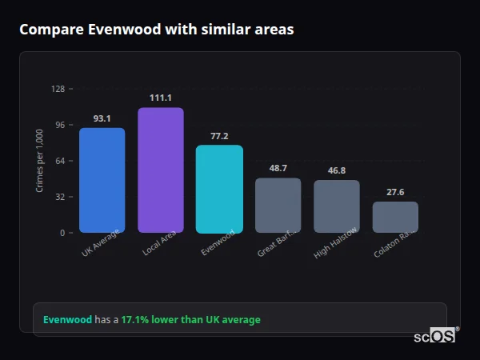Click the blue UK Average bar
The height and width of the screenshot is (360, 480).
[x=102, y=180]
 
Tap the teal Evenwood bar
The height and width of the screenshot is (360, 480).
[x=219, y=189]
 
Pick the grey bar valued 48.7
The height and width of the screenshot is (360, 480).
[x=278, y=205]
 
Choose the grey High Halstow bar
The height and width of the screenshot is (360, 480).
[x=336, y=206]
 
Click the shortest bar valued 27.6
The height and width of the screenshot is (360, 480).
[x=395, y=217]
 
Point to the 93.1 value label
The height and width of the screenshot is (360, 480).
[x=102, y=118]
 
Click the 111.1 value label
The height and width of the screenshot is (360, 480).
[x=160, y=98]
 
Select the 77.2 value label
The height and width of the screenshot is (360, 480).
[x=219, y=136]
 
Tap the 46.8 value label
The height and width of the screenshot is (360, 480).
[x=336, y=170]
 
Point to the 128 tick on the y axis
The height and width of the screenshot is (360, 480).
[x=58, y=89]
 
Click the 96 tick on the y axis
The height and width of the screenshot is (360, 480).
[x=59, y=125]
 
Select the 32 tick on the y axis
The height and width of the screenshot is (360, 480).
[x=59, y=197]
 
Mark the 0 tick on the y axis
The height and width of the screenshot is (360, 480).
[x=62, y=233]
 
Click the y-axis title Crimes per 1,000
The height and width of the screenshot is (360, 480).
[x=39, y=161]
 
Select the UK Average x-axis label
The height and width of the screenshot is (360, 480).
[x=100, y=243]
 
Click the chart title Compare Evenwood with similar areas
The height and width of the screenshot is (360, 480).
[x=156, y=30]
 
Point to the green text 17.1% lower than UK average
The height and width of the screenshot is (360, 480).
[x=190, y=320]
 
